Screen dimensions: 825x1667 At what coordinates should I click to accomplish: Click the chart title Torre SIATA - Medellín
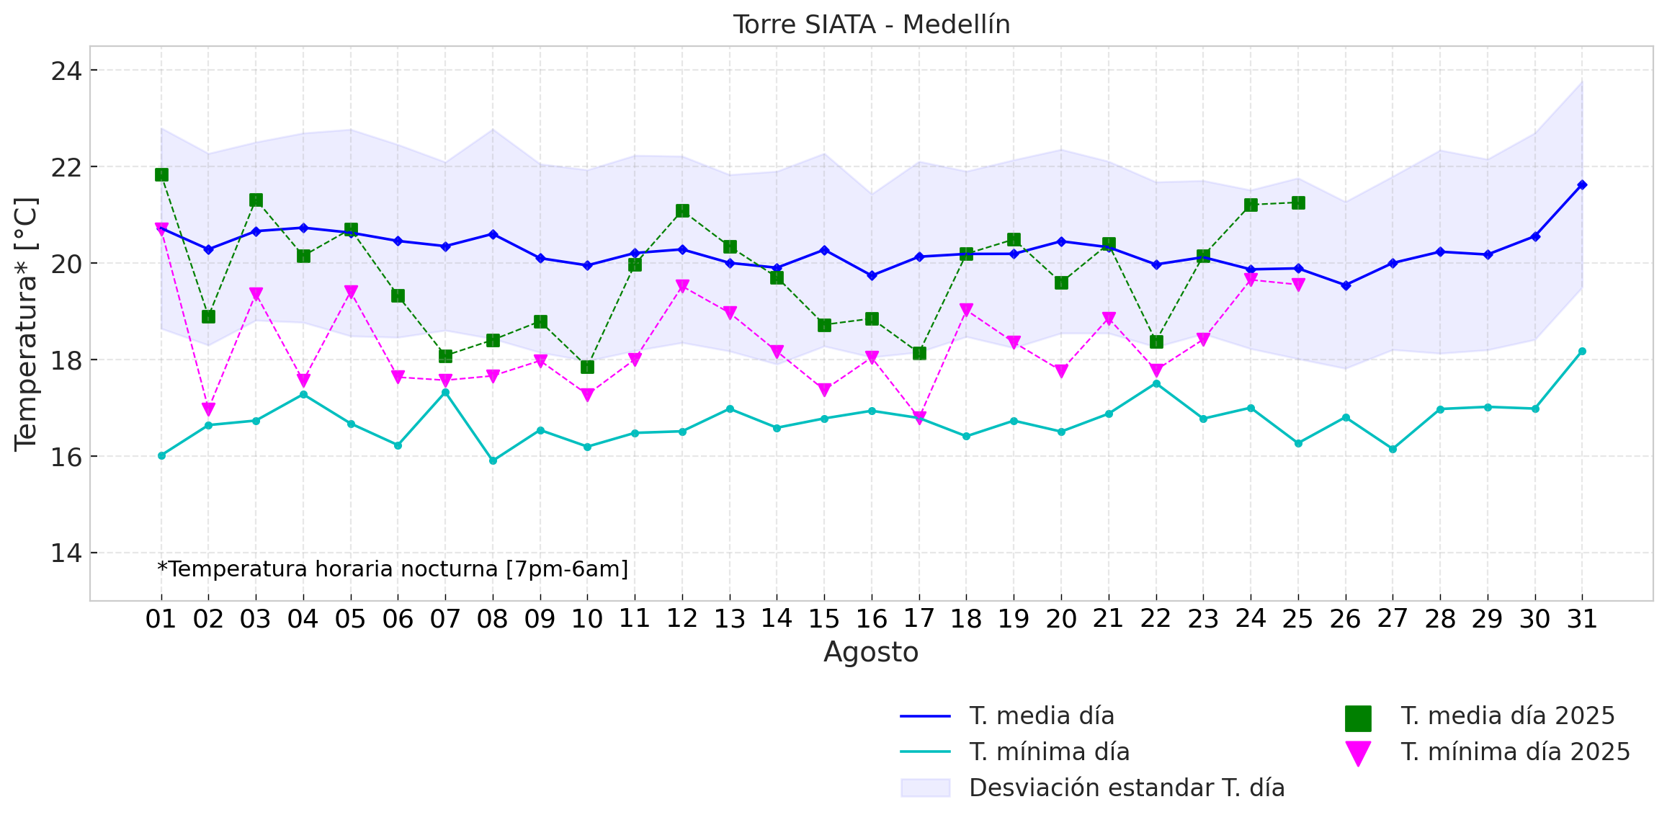pyautogui.click(x=871, y=25)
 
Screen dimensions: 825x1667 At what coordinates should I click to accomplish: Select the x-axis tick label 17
pyautogui.click(x=919, y=619)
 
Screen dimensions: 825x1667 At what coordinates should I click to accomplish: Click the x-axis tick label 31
pyautogui.click(x=1582, y=619)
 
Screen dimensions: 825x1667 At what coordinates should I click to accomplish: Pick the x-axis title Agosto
pyautogui.click(x=871, y=653)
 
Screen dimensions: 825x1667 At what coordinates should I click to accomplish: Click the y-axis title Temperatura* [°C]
pyautogui.click(x=27, y=324)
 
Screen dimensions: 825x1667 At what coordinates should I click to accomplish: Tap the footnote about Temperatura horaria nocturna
pyautogui.click(x=393, y=569)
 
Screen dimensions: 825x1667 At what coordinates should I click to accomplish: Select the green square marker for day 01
pyautogui.click(x=161, y=175)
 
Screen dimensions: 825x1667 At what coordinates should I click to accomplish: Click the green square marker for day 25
pyautogui.click(x=1298, y=203)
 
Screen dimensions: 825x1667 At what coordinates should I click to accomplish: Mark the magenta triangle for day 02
pyautogui.click(x=209, y=409)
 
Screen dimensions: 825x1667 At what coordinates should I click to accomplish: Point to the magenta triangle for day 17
pyautogui.click(x=919, y=417)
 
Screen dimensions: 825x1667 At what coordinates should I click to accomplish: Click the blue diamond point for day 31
pyautogui.click(x=1582, y=185)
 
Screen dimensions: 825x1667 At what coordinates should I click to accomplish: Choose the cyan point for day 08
pyautogui.click(x=493, y=460)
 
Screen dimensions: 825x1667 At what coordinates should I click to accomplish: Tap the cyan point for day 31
pyautogui.click(x=1582, y=352)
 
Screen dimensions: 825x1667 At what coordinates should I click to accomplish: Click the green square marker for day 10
pyautogui.click(x=587, y=367)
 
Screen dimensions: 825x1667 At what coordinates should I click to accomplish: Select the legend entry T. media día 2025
pyautogui.click(x=1507, y=716)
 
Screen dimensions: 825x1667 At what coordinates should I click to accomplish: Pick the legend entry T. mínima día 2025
pyautogui.click(x=1514, y=752)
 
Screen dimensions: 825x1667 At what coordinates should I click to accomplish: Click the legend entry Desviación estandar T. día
pyautogui.click(x=1127, y=788)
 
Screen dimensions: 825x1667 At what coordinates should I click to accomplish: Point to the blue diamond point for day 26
pyautogui.click(x=1346, y=285)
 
